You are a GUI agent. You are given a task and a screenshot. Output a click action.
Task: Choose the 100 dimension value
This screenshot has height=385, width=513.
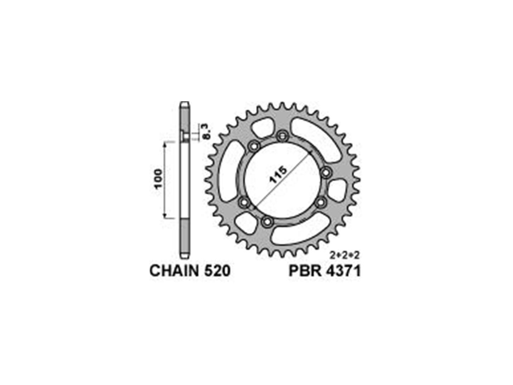(x=158, y=179)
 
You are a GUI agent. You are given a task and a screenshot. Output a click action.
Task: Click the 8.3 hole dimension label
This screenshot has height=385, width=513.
(x=206, y=132)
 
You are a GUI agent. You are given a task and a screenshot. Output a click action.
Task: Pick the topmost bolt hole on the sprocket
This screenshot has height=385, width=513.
(x=282, y=135)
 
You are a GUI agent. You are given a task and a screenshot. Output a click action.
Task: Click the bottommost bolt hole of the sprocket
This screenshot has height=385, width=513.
(x=267, y=221)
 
